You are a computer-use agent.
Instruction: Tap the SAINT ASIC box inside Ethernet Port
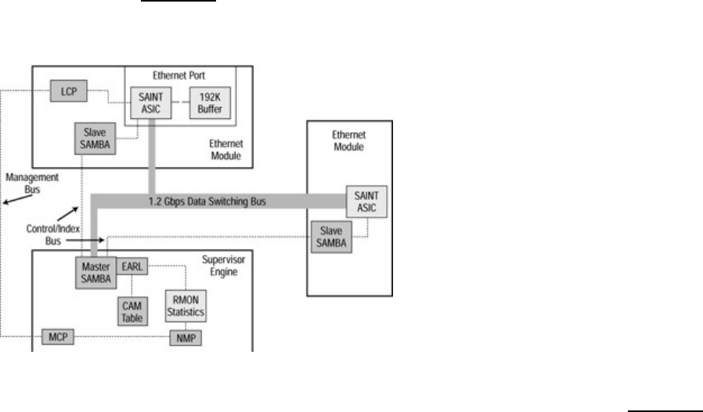click(149, 105)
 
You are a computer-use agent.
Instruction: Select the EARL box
click(130, 267)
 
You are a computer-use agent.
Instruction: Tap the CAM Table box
click(130, 310)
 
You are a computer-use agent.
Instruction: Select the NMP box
click(185, 337)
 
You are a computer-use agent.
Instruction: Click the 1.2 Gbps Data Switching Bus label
click(207, 202)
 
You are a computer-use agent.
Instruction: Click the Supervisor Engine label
click(222, 267)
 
